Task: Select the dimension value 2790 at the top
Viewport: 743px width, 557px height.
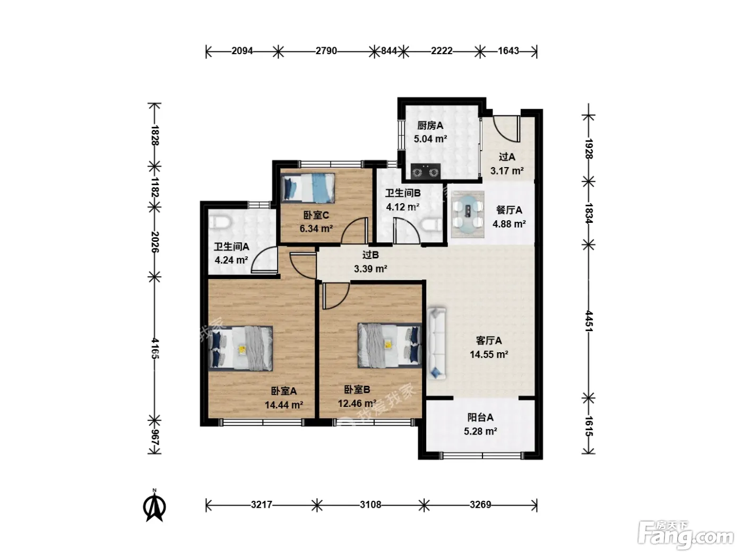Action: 326,51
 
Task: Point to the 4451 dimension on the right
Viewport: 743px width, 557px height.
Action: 589,321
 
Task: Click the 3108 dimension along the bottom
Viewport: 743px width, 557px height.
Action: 370,505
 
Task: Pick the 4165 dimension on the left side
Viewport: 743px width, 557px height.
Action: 154,349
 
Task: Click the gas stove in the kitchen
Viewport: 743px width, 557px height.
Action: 426,171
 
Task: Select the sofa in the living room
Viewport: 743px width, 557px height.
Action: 436,343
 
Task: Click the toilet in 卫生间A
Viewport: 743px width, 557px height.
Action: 220,222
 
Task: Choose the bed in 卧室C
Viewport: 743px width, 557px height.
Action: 308,188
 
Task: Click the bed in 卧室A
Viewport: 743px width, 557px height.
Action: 240,348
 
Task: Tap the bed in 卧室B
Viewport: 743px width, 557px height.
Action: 390,345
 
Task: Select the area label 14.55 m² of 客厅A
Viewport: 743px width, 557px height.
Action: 489,354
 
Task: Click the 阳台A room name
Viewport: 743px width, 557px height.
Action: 480,417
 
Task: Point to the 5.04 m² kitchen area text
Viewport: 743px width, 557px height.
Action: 430,139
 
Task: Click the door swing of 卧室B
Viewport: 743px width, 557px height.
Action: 335,296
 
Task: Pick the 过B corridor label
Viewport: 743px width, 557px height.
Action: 370,255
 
